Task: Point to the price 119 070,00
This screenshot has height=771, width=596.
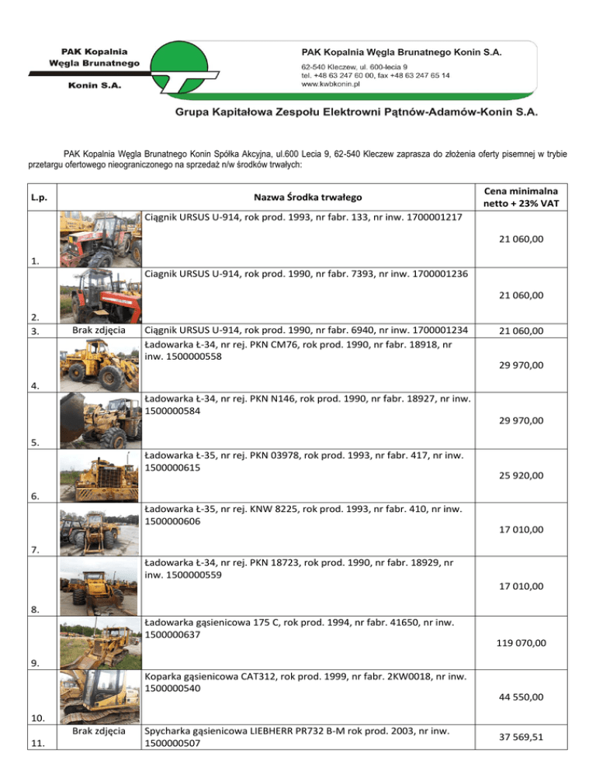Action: [x=518, y=642]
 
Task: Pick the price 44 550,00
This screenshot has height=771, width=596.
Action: [x=518, y=698]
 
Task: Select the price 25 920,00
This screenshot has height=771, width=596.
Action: [x=518, y=475]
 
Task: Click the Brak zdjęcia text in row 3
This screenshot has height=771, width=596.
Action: [x=99, y=331]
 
